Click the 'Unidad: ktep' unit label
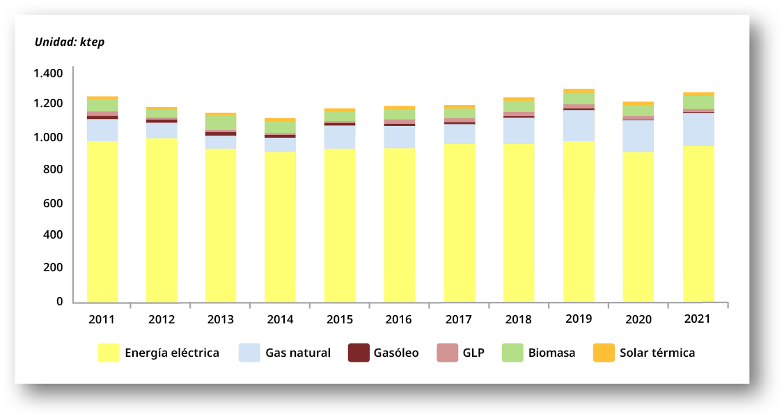pos(69,42)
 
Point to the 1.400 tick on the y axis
pos(47,73)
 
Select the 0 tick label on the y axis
pos(59,301)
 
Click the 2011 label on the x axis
pos(102,320)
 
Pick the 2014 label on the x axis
pos(280,320)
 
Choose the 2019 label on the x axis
pos(578,319)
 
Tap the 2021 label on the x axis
pos(696,319)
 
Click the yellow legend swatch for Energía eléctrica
pos(108,353)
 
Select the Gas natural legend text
pos(297,353)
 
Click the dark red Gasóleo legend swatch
pos(358,353)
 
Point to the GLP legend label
pos(473,353)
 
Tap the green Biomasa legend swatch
pos(512,353)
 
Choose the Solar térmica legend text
pos(657,353)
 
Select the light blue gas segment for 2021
pos(698,129)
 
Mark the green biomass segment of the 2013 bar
pos(221,122)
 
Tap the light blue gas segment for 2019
pos(579,126)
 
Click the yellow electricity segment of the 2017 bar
pos(460,223)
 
